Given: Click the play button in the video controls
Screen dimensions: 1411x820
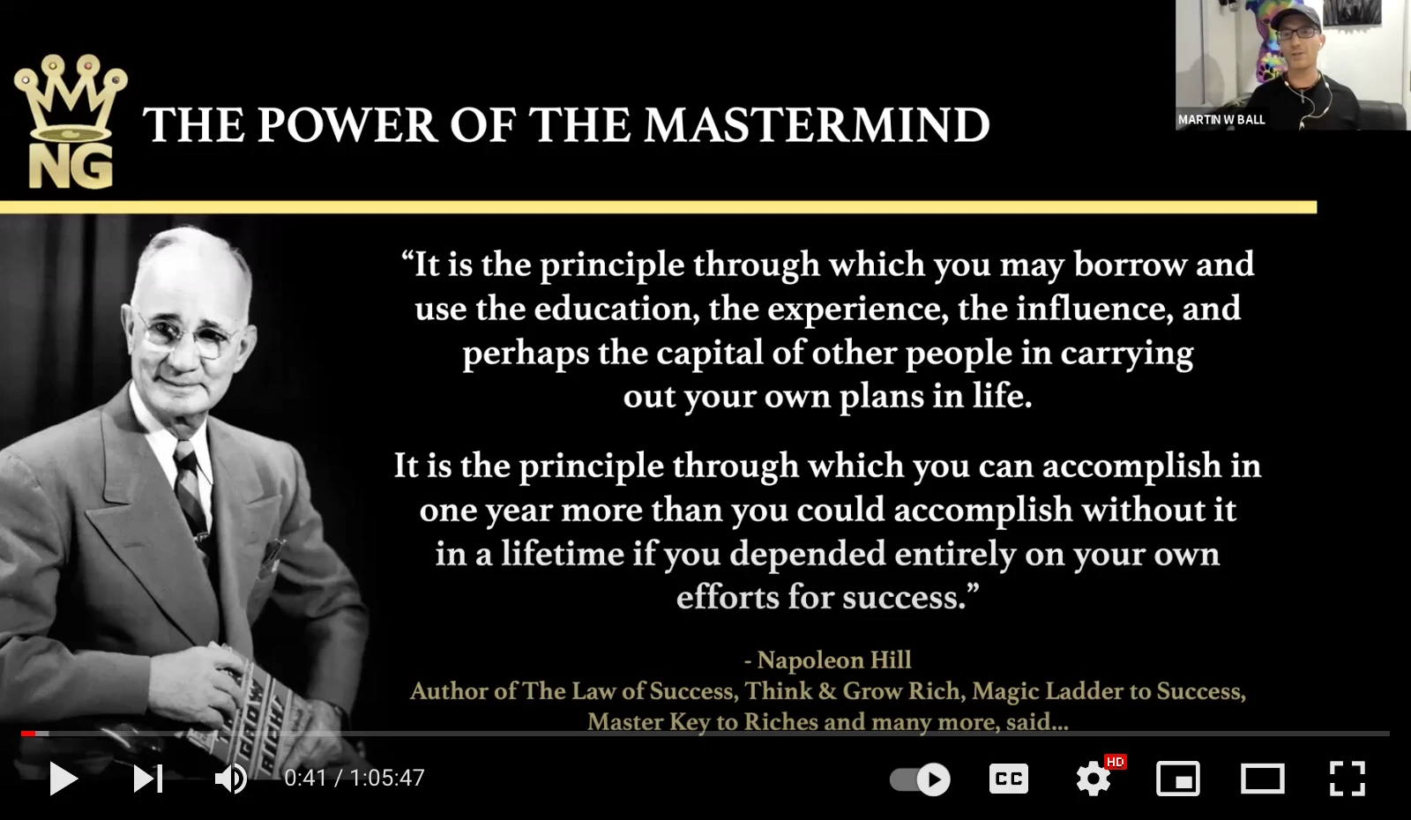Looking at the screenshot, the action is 63,779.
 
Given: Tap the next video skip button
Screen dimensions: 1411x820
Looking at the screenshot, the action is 148,779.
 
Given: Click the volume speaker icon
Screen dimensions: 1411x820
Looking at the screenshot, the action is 230,779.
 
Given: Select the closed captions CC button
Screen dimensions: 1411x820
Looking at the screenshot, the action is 1009,779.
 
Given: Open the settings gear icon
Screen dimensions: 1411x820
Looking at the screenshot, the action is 1094,779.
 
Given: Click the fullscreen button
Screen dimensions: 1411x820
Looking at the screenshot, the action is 1347,779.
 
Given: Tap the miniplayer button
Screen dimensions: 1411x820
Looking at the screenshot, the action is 1178,779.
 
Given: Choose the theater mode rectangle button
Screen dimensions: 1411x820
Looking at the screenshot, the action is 1262,779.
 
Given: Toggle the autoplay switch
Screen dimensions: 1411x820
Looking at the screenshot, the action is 920,779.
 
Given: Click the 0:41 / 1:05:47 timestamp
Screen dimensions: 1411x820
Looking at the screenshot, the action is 354,779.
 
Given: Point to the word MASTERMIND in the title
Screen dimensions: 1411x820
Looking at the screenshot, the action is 817,124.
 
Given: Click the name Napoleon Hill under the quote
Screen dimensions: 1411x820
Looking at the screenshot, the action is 834,660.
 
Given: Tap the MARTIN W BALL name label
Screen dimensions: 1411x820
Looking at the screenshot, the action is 1221,120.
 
